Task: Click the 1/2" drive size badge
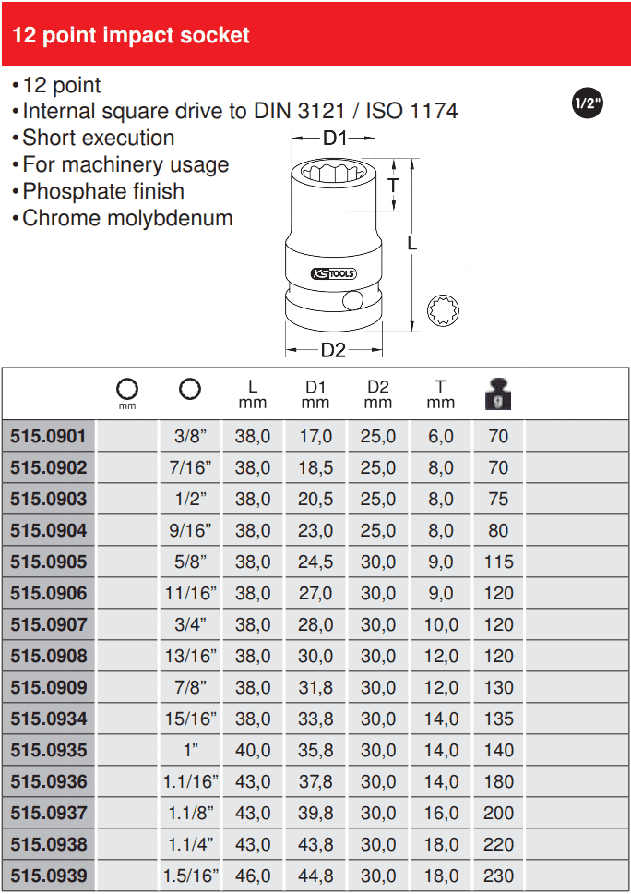coord(587,103)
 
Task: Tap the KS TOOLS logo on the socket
coord(333,274)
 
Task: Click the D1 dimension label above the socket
coord(334,139)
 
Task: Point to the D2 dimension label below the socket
coord(333,350)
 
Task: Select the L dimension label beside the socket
coord(412,243)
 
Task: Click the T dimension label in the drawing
coord(393,185)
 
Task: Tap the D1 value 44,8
coord(315,876)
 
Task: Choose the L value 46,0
coord(253,876)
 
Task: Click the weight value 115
coord(498,562)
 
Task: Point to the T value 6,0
coord(441,436)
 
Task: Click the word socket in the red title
coord(217,36)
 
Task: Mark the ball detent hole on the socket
coord(351,301)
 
